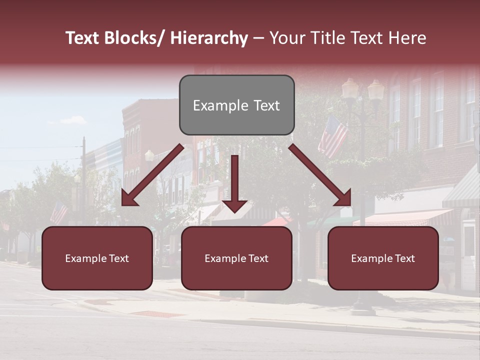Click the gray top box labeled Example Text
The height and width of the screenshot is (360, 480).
point(236,105)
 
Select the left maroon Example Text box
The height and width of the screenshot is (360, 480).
point(97,258)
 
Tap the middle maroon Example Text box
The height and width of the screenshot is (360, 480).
point(236,258)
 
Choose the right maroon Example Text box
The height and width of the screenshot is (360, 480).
point(383,258)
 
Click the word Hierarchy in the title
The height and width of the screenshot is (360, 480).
point(209,38)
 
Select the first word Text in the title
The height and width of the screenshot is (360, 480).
point(83,38)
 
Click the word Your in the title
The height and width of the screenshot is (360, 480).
point(286,38)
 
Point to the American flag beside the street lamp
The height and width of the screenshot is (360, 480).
point(332,136)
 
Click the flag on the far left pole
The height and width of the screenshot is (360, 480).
point(59,212)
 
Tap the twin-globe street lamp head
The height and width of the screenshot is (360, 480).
point(363,90)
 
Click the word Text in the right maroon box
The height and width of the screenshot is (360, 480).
point(404,258)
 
